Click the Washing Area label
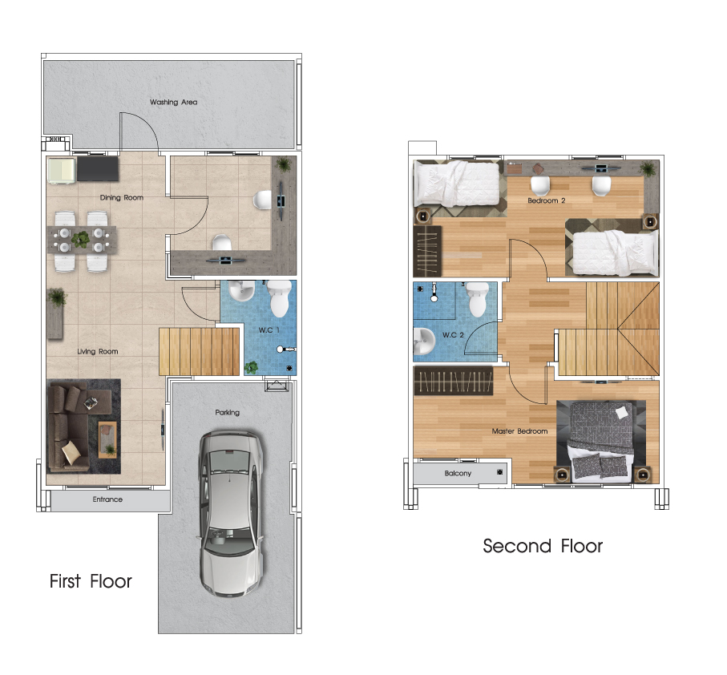pyautogui.click(x=173, y=102)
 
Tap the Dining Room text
pyautogui.click(x=122, y=197)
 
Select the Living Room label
pyautogui.click(x=97, y=351)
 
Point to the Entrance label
pyautogui.click(x=107, y=499)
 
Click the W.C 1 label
pyautogui.click(x=269, y=330)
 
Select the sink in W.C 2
pyautogui.click(x=424, y=341)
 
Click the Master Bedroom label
pyautogui.click(x=519, y=431)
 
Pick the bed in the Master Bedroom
pyautogui.click(x=601, y=440)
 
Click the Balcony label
pyautogui.click(x=458, y=473)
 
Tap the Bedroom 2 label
pyautogui.click(x=547, y=200)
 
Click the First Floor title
pyautogui.click(x=91, y=581)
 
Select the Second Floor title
pyautogui.click(x=543, y=546)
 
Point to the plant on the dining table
pyautogui.click(x=81, y=239)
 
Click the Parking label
pyautogui.click(x=227, y=412)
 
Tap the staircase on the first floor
pyautogui.click(x=200, y=351)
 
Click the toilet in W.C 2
pyautogui.click(x=478, y=299)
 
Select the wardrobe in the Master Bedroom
pyautogui.click(x=454, y=381)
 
